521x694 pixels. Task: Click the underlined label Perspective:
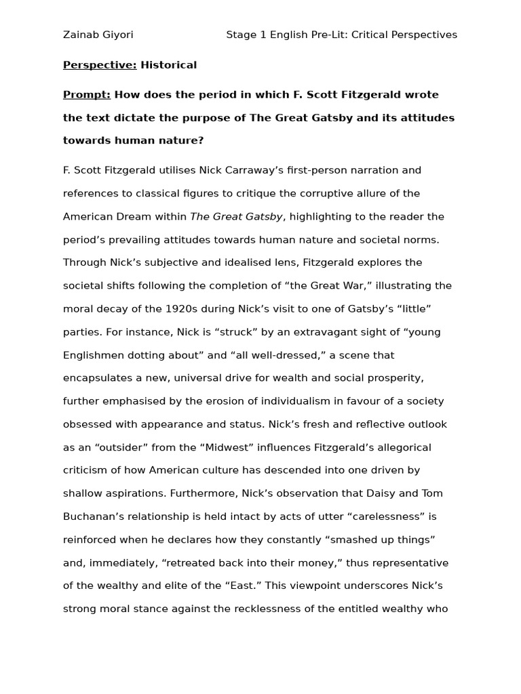pos(100,65)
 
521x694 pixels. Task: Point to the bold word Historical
pos(168,65)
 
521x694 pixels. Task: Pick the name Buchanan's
pos(96,516)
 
